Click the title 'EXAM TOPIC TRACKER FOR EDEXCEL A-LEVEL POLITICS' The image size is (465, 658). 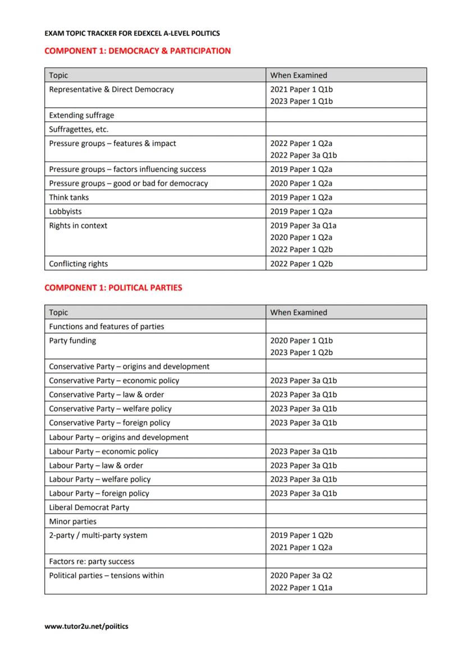132,34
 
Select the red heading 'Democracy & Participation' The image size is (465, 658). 137,51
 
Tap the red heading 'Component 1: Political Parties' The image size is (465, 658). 113,288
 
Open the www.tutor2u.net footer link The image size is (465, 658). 86,626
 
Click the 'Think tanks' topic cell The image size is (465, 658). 69,197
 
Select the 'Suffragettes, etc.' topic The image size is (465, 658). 79,129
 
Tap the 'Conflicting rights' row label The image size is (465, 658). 79,264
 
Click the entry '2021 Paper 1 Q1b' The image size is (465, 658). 302,89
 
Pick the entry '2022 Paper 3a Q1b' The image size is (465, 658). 303,156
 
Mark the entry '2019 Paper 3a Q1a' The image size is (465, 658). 303,226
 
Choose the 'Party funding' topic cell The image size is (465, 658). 72,341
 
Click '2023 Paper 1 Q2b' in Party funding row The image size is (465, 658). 302,353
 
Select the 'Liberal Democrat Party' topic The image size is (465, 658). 89,507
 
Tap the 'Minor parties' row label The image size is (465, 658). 72,521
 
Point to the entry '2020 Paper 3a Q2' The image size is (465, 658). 301,575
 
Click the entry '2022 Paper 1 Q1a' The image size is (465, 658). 302,588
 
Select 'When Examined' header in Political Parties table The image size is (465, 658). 299,312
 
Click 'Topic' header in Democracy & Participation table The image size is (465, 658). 58,75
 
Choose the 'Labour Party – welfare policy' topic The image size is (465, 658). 100,479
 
